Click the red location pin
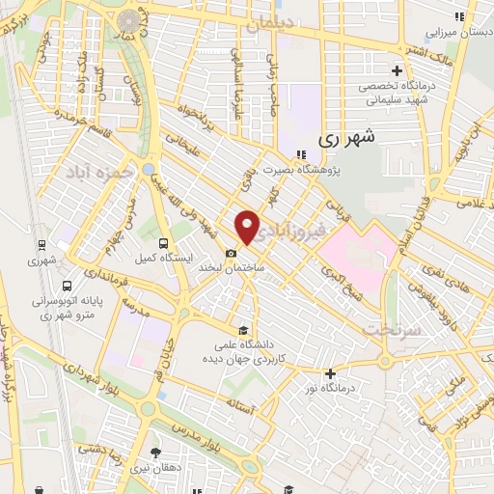click(248, 226)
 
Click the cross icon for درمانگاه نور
click(330, 373)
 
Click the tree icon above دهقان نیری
click(156, 453)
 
